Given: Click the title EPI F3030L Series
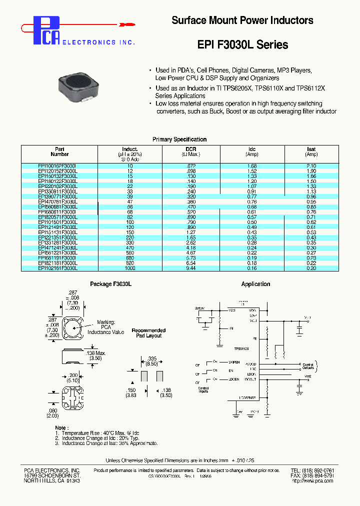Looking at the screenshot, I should [242, 44].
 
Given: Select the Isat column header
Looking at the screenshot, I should [311, 149].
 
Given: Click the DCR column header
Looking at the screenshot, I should [190, 149].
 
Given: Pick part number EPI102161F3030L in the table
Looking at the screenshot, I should [58, 268].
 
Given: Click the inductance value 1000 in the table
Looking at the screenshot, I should [130, 268].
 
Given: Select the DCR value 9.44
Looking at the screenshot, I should [190, 268].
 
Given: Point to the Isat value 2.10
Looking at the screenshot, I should [311, 165].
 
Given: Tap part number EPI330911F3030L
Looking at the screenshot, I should [58, 191].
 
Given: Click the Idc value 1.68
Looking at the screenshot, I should [252, 165].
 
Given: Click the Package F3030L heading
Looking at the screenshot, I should [110, 284].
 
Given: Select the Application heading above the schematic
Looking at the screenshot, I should [255, 284].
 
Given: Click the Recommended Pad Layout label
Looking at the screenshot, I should [148, 333].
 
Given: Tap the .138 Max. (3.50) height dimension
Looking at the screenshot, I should [99, 355].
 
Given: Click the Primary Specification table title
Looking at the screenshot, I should [179, 139].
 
